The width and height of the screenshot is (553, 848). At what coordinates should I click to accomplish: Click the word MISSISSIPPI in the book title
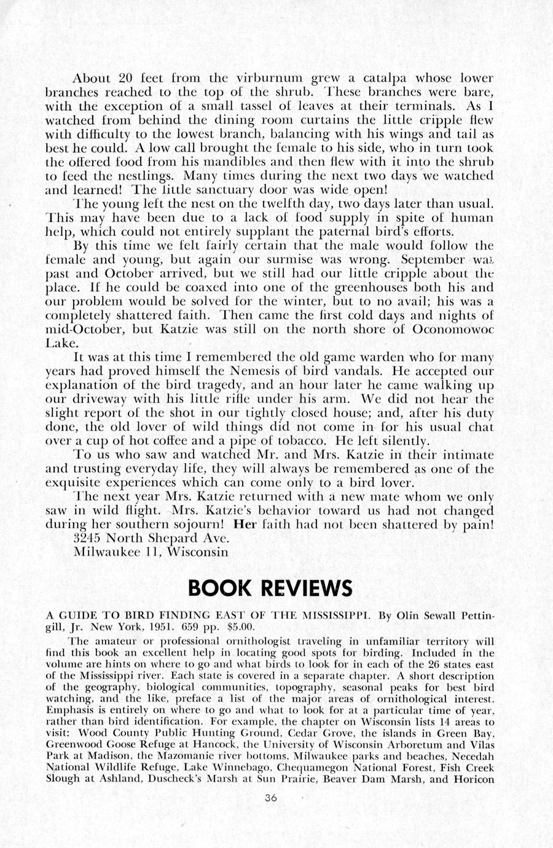[x=334, y=614]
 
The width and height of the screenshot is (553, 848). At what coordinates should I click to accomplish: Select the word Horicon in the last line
[x=473, y=780]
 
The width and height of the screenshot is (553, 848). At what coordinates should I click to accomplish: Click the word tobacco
[x=311, y=441]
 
